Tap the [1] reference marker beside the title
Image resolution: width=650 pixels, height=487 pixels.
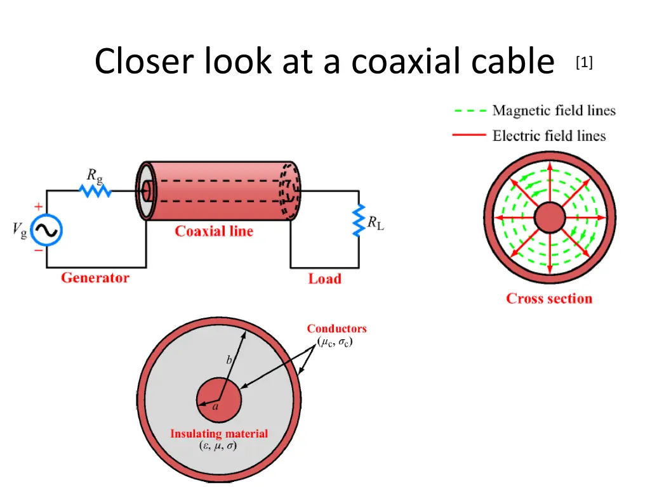coord(584,62)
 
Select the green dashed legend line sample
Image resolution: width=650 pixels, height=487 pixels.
coord(470,110)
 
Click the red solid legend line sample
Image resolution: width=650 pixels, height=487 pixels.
coord(470,135)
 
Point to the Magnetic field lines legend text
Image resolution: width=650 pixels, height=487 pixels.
coord(554,110)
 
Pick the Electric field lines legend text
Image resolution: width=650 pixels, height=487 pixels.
coord(548,135)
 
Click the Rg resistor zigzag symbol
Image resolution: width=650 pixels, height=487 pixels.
coord(96,190)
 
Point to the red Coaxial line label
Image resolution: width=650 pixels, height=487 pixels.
coord(214,231)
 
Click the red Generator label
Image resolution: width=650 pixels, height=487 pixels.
coord(95,278)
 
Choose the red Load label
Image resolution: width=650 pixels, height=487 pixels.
coord(324,278)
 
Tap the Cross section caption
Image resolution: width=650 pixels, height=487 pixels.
coord(549,299)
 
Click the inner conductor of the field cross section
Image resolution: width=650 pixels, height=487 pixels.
coord(549,219)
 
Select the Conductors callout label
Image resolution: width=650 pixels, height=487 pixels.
coord(336,328)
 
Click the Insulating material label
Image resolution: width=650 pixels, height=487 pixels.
coord(219,434)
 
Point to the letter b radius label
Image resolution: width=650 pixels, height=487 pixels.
coord(229,360)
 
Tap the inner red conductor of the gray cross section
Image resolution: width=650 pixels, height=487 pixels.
coord(219,401)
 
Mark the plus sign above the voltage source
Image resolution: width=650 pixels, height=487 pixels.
coord(39,207)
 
